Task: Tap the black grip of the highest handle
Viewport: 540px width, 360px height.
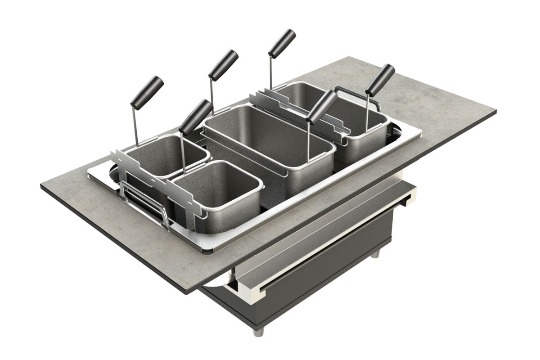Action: [x=282, y=42]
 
